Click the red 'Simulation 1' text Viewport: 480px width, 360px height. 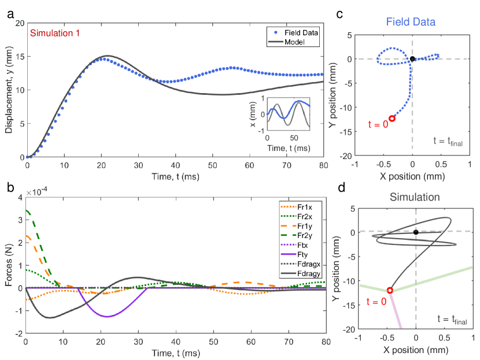click(x=55, y=32)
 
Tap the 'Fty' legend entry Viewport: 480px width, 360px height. click(x=305, y=253)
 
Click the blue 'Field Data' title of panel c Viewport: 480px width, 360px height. click(x=411, y=21)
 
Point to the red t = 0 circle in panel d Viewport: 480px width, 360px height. click(x=390, y=291)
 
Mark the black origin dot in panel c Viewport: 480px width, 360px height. click(x=412, y=59)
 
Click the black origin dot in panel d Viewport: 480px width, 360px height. click(x=416, y=232)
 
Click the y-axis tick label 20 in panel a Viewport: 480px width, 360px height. click(x=19, y=23)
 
